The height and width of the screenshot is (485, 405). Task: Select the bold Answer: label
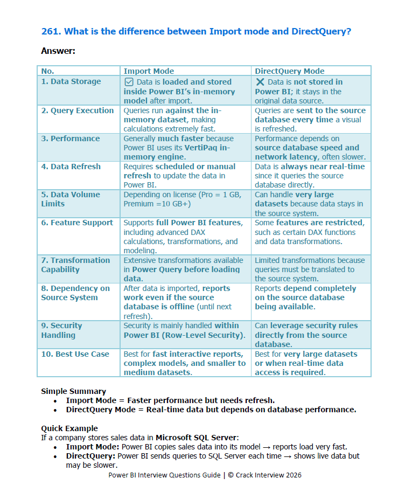[x=58, y=51]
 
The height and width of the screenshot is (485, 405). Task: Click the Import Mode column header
[x=149, y=71]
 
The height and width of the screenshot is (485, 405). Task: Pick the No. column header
[x=47, y=71]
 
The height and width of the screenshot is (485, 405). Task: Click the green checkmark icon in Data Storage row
[x=129, y=82]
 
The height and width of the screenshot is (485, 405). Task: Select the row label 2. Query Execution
[x=78, y=110]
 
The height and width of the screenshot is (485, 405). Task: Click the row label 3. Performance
[x=70, y=138]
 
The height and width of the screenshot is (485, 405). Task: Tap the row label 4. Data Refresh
[x=71, y=167]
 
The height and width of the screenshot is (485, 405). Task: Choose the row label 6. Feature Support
[x=77, y=223]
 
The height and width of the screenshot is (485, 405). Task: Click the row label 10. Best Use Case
[x=75, y=354]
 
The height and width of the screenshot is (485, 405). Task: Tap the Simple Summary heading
[x=73, y=391]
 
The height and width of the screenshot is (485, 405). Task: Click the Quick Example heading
[x=69, y=428]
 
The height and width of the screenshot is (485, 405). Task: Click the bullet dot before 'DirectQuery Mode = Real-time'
[x=55, y=410]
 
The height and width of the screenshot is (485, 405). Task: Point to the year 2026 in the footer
[x=292, y=475]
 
